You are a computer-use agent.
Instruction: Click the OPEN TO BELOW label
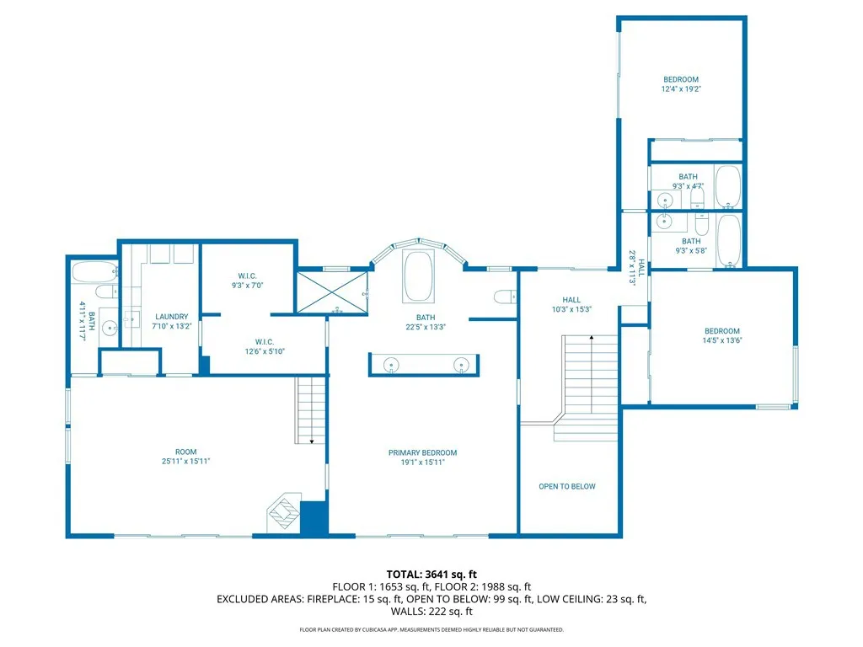(x=567, y=486)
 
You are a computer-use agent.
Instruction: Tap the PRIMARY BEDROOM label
(x=423, y=452)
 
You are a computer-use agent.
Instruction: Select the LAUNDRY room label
(x=172, y=317)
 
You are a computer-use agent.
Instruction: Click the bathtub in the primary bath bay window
(x=418, y=276)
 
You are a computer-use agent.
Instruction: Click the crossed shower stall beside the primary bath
(x=332, y=292)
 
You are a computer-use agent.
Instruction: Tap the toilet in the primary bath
(x=506, y=297)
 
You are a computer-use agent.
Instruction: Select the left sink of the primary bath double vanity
(x=391, y=365)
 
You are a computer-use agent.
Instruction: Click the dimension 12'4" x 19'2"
(x=681, y=89)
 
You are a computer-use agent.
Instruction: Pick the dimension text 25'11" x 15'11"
(x=186, y=462)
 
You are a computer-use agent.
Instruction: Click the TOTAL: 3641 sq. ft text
(x=431, y=575)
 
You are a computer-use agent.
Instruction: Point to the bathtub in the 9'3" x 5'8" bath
(x=729, y=240)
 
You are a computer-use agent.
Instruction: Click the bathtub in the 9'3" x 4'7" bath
(x=728, y=186)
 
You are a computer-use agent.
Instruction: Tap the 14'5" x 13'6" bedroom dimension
(x=722, y=340)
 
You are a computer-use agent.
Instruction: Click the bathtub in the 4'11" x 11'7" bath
(x=94, y=272)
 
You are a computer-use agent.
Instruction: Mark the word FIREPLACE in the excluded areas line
(x=332, y=599)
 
